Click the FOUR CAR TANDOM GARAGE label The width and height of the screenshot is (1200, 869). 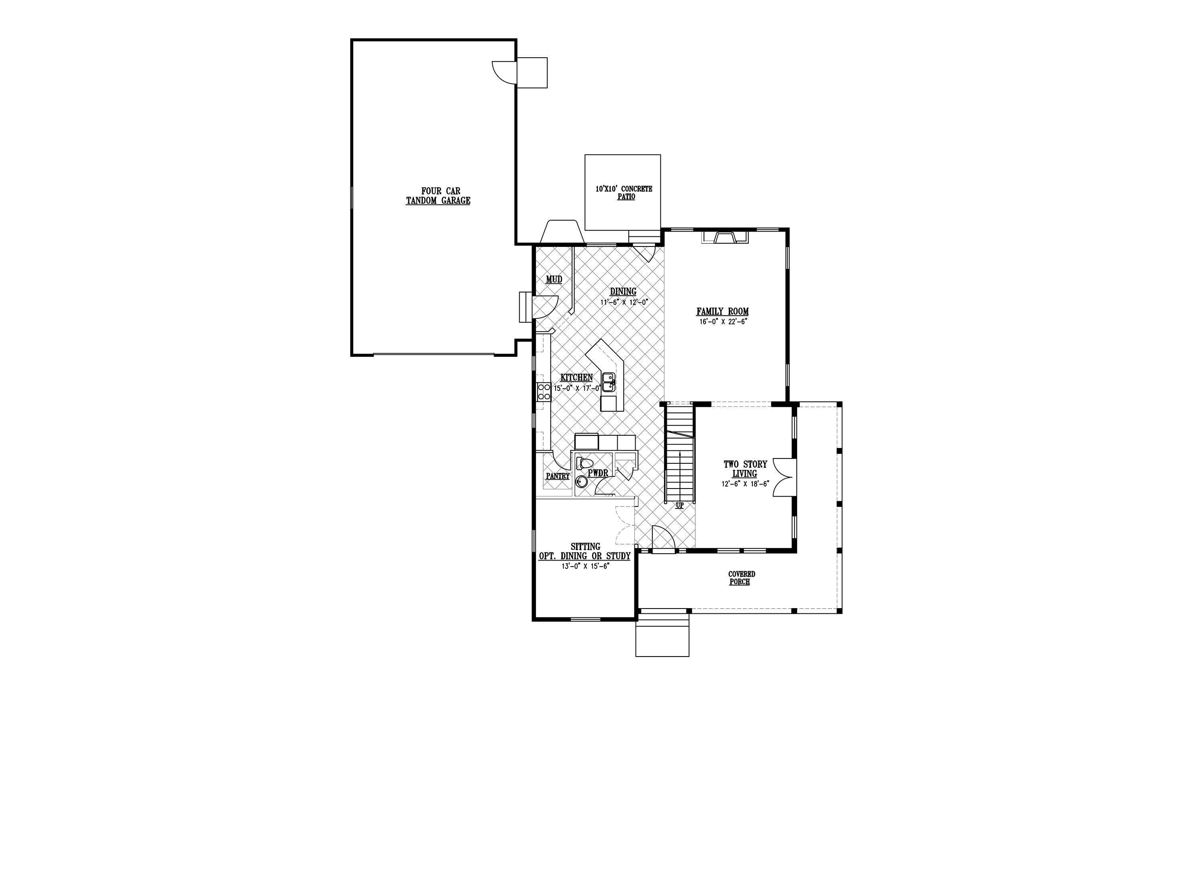pos(438,196)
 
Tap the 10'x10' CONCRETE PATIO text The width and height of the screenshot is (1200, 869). pos(624,192)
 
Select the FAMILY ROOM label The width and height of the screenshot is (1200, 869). pos(722,312)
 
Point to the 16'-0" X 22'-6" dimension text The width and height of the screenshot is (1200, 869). pos(723,321)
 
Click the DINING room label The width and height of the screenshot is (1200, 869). pos(623,292)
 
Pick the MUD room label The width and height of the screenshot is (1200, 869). pos(554,279)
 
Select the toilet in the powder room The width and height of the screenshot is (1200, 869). pos(584,464)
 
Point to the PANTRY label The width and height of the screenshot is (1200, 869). pos(558,476)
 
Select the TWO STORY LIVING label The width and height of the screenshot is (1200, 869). pos(745,469)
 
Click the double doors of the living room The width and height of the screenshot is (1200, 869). pos(784,477)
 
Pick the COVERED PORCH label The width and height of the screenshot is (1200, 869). pos(741,578)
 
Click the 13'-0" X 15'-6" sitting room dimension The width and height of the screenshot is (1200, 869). pos(586,566)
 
